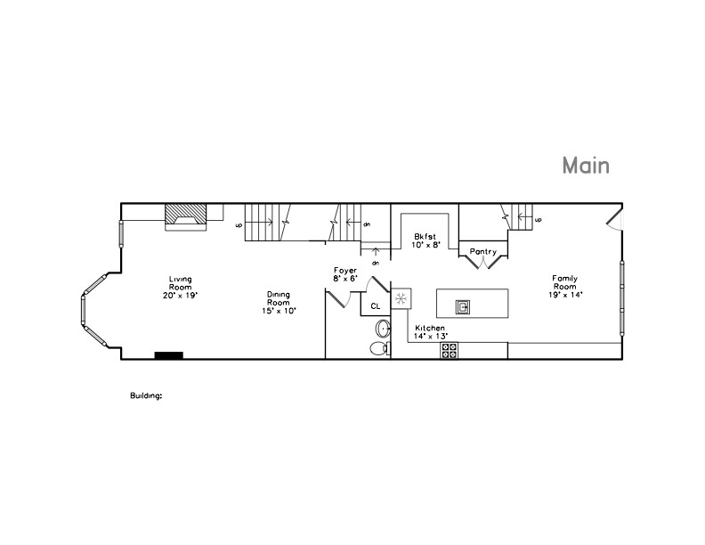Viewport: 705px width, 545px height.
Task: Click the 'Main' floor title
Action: tap(585, 166)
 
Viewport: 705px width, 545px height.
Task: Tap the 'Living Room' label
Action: tap(181, 284)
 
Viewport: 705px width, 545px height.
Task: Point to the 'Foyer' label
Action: tap(345, 270)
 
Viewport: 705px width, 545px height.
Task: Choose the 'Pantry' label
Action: tap(483, 252)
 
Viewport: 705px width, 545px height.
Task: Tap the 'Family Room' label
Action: tap(564, 284)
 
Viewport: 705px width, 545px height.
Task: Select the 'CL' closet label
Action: tap(375, 306)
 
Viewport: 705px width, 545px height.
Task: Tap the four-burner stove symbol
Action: tap(449, 352)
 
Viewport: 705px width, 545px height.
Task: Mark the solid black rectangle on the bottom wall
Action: tap(168, 355)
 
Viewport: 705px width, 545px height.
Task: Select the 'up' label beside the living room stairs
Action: tap(239, 224)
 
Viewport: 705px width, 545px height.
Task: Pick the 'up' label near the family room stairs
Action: tap(538, 219)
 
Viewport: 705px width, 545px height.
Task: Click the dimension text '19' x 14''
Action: tap(564, 295)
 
